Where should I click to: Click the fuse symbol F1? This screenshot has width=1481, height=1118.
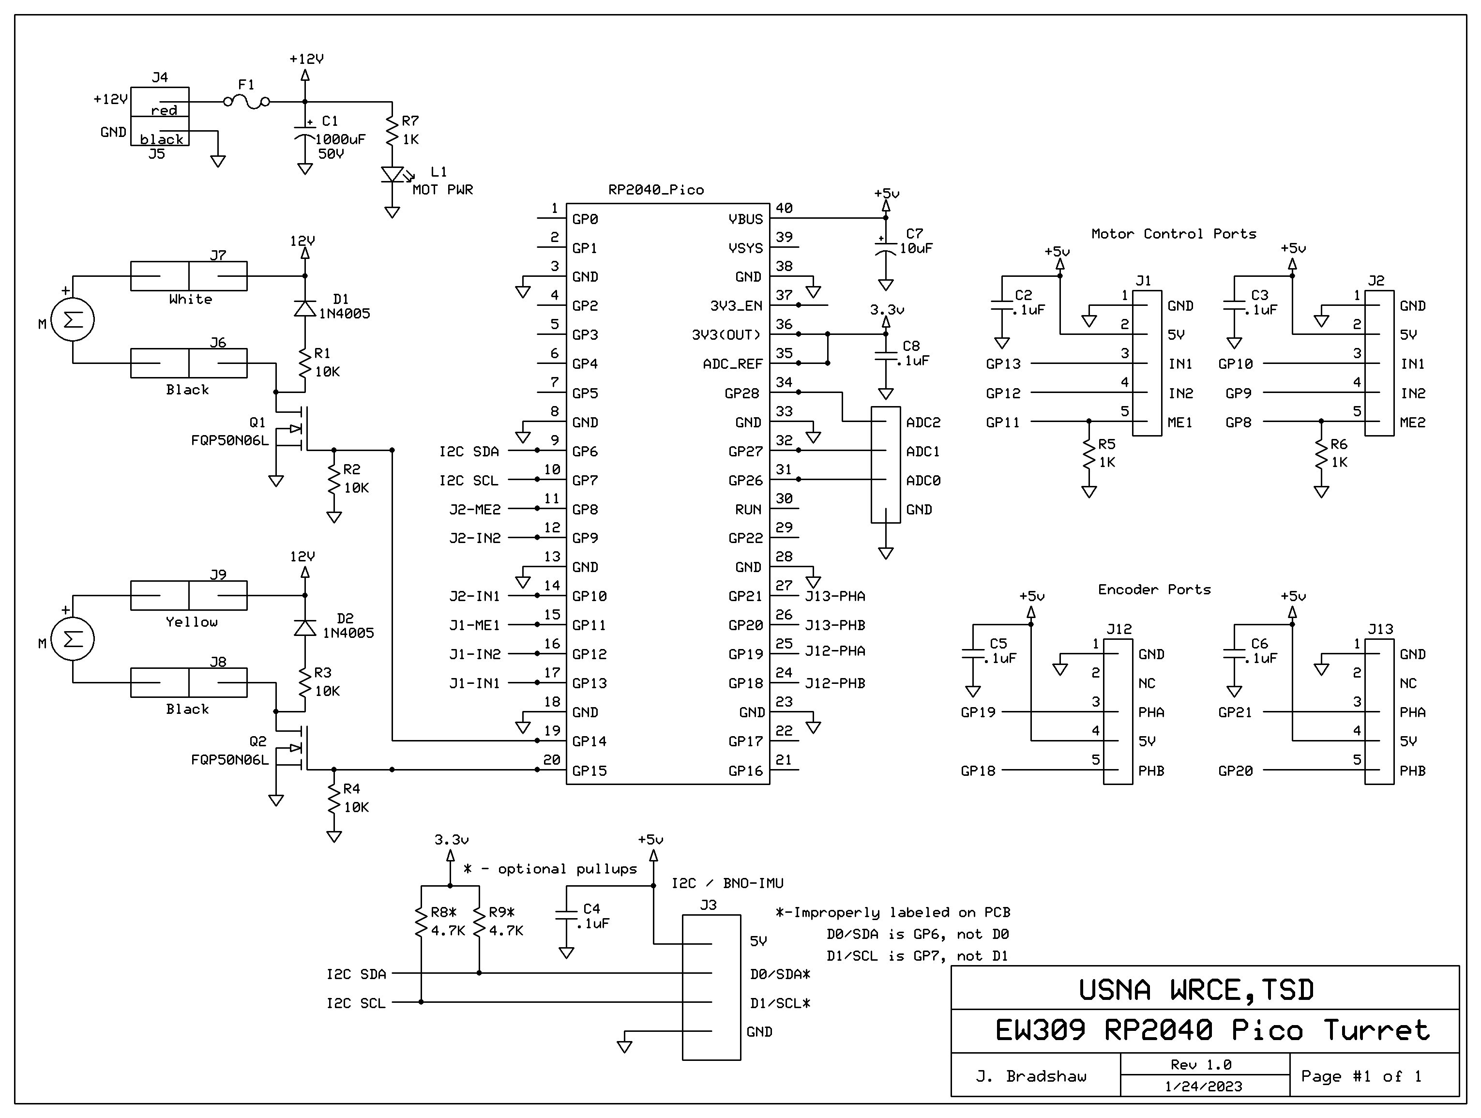(x=246, y=102)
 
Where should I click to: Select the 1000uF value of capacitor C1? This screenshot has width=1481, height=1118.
(x=340, y=140)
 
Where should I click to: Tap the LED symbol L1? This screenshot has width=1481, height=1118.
(x=393, y=175)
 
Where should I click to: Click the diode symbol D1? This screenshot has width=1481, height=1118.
(x=305, y=309)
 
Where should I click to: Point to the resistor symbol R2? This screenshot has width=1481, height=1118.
(x=334, y=479)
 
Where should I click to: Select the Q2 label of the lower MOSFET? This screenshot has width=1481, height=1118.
(x=258, y=741)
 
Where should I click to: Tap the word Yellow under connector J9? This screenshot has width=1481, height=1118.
(x=192, y=622)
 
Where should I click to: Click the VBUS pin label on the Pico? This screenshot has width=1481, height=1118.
(x=745, y=219)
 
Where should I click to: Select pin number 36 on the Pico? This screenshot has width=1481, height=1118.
(x=784, y=324)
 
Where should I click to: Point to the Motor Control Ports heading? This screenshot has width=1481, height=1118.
(x=1173, y=234)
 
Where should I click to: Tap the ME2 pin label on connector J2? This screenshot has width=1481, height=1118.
(x=1412, y=423)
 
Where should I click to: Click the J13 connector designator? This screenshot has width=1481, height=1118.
(x=1380, y=629)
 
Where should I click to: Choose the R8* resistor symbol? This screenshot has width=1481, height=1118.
(x=421, y=922)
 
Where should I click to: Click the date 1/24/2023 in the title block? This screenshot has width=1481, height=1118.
(x=1203, y=1086)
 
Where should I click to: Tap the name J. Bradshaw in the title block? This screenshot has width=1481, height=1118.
(x=1030, y=1076)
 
